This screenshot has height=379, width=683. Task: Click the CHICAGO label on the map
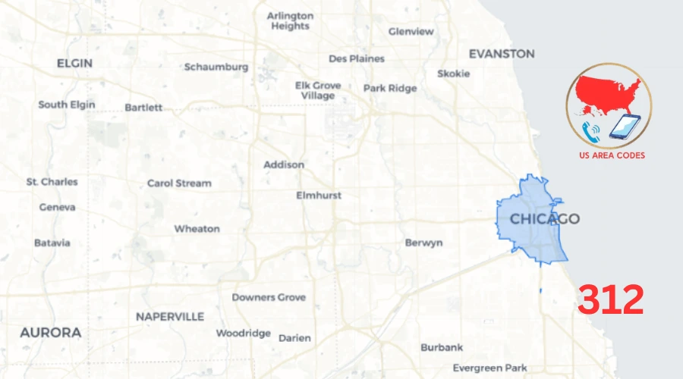point(544,219)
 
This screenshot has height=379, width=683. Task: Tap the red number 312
point(611,301)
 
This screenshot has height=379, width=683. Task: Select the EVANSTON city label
point(501,54)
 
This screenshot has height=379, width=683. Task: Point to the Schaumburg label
point(216,67)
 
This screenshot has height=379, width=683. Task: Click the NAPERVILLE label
point(170,316)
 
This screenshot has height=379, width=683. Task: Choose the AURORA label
point(51,333)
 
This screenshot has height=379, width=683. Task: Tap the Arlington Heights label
point(290,20)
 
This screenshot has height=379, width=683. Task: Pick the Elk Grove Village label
point(318,91)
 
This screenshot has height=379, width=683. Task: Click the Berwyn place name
point(423,243)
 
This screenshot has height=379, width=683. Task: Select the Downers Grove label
point(269,297)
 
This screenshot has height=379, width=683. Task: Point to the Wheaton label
point(197,228)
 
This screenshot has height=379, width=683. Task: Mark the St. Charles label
point(52,182)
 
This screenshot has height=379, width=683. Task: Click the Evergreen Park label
point(489,368)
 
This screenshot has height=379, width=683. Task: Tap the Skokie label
point(453,74)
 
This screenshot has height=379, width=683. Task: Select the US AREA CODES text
point(612,155)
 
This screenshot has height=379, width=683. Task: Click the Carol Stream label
point(179,183)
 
